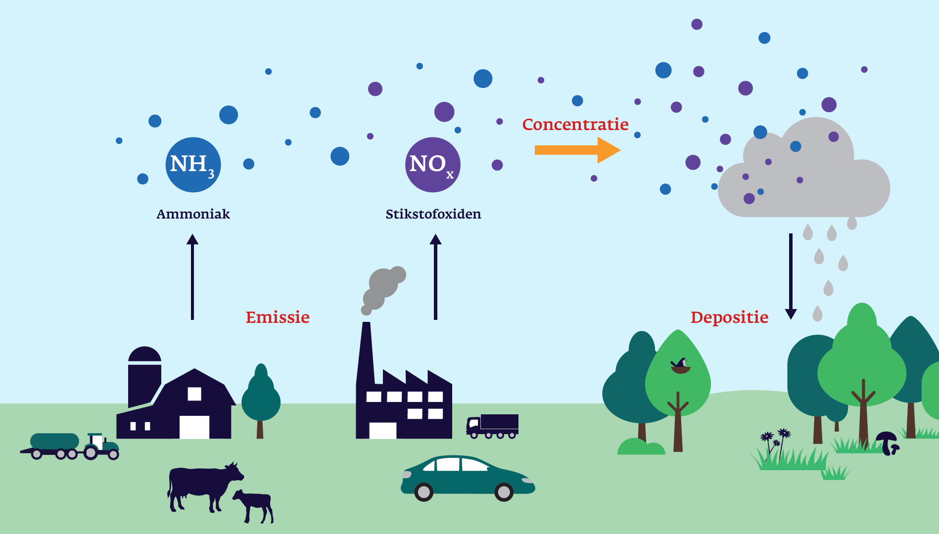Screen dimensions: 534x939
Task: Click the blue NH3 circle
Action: coord(193,165)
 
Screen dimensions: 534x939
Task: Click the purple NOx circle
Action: coord(433,165)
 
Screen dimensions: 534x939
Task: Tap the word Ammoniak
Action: coord(193,214)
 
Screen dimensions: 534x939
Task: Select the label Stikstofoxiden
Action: coord(433,214)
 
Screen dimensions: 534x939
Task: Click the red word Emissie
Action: coord(278,317)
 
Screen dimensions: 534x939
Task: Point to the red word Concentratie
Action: coord(575,125)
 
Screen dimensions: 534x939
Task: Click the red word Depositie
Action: coord(729,317)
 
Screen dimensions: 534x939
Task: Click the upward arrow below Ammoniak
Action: coord(192,277)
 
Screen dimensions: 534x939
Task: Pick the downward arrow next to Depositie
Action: coord(791,277)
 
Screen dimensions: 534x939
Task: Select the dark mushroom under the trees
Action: coord(888,442)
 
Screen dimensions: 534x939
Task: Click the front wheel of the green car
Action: coord(504,491)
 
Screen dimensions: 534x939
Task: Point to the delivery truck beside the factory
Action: coord(493,425)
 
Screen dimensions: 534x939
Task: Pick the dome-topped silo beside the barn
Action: coord(144,376)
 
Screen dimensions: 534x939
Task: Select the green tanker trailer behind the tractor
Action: coord(54,442)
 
